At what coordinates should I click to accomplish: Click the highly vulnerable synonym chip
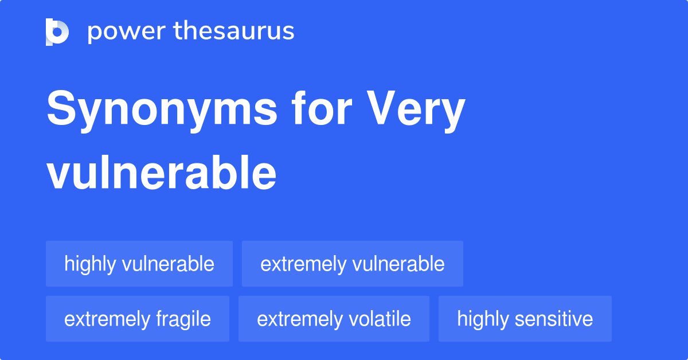pyautogui.click(x=139, y=264)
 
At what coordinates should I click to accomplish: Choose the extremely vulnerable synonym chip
pyautogui.click(x=353, y=264)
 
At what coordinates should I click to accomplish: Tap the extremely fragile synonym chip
pyautogui.click(x=138, y=319)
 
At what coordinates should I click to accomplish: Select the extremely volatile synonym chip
pyautogui.click(x=334, y=319)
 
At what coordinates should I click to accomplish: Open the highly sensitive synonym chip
pyautogui.click(x=525, y=319)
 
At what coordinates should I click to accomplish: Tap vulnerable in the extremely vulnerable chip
pyautogui.click(x=398, y=264)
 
